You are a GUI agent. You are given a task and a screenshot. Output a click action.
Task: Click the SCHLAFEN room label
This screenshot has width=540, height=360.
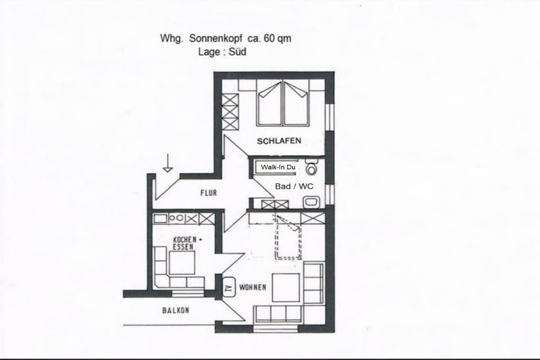click(x=279, y=141)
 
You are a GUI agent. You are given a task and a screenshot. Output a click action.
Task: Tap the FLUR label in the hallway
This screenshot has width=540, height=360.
click(x=209, y=193)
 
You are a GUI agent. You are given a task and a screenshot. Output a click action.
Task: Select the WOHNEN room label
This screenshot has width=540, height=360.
click(x=253, y=287)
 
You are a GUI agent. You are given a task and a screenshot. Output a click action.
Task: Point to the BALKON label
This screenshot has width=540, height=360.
click(x=176, y=310)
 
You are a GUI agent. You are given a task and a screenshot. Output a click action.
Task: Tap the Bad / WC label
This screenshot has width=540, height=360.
click(x=294, y=186)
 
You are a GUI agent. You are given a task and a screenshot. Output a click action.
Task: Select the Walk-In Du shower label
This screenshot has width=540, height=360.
click(x=278, y=167)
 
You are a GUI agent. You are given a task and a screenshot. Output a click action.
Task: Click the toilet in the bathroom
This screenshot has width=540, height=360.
click(x=312, y=167)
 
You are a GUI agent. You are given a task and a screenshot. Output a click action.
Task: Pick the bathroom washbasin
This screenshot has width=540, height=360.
click(x=312, y=202)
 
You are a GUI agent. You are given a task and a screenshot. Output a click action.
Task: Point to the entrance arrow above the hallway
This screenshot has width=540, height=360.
click(x=168, y=163)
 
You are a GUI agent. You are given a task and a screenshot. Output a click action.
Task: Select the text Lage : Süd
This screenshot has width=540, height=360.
click(x=222, y=52)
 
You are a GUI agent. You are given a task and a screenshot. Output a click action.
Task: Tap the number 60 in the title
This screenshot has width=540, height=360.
click(x=269, y=38)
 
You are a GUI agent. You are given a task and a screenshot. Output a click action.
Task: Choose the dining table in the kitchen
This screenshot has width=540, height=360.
click(x=182, y=262)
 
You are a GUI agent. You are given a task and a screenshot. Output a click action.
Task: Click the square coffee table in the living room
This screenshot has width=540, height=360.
click(x=286, y=287)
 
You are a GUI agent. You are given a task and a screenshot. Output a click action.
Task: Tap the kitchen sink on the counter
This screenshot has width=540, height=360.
click(x=160, y=218)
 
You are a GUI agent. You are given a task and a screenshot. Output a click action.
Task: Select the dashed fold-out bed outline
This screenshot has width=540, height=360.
click(x=287, y=236)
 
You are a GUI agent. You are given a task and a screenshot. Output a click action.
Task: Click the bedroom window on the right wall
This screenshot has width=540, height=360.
click(x=330, y=117)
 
